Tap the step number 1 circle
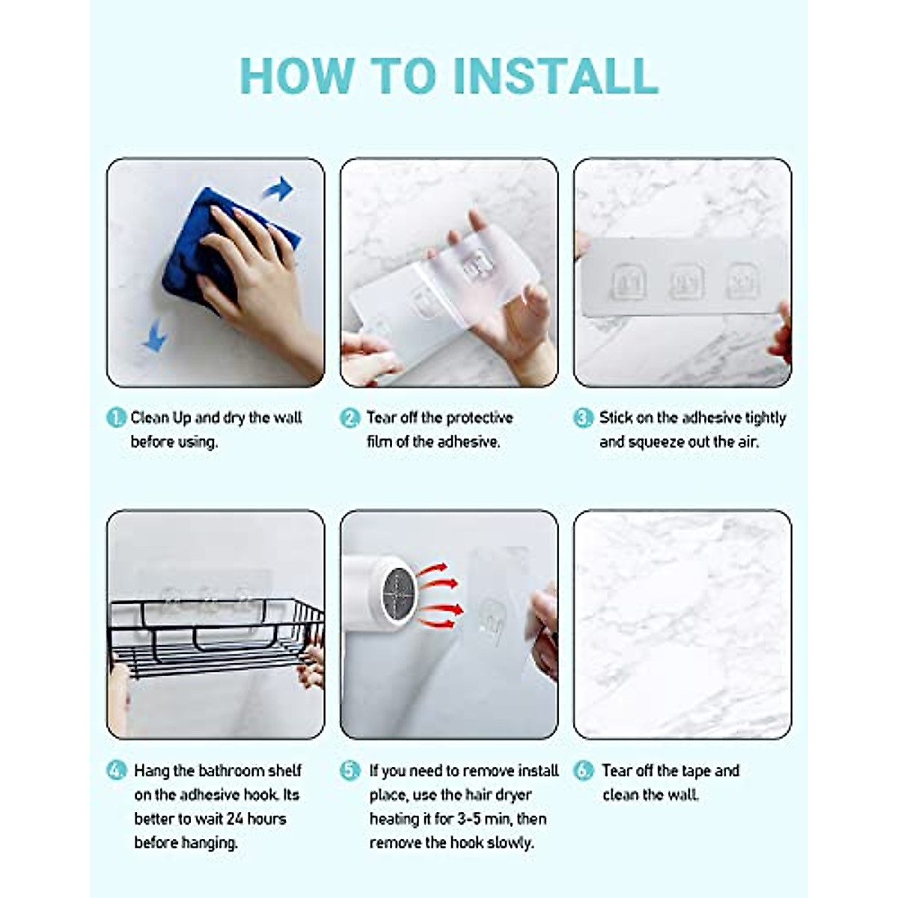(116, 418)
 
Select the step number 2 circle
(350, 418)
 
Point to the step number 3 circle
(584, 418)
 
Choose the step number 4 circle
(116, 770)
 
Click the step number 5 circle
(350, 770)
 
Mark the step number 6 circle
(584, 770)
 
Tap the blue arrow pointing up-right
(278, 189)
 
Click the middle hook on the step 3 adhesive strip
(686, 281)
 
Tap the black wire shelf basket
(216, 638)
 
